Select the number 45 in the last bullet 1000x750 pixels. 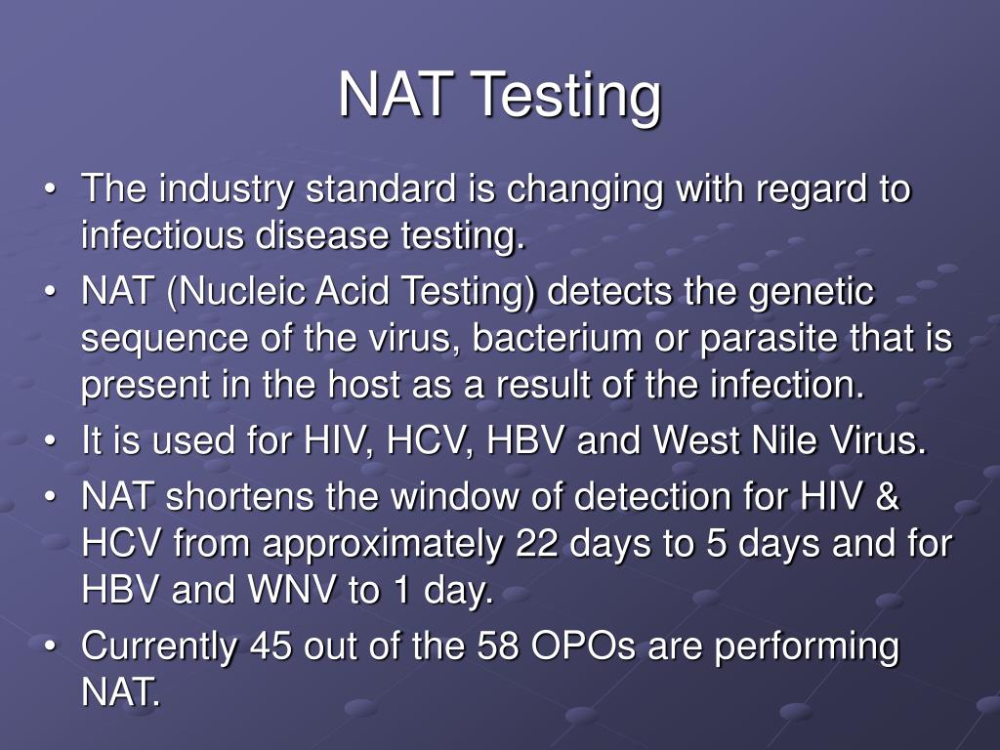[272, 647]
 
